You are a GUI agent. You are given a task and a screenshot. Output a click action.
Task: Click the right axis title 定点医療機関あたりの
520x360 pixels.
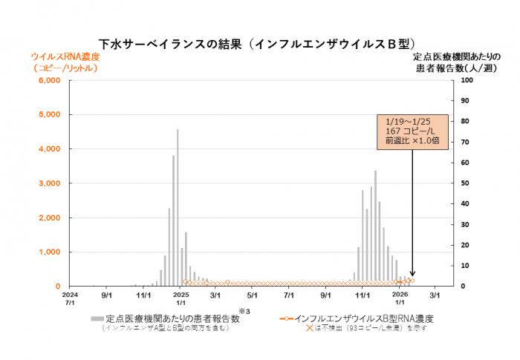(452, 56)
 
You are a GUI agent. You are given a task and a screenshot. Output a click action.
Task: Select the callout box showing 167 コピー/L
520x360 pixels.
(411, 131)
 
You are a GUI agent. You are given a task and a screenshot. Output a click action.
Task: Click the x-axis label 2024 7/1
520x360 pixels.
(70, 298)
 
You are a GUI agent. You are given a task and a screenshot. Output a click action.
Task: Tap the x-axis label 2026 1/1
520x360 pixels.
(399, 298)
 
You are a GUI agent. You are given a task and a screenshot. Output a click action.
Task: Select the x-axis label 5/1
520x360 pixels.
(252, 294)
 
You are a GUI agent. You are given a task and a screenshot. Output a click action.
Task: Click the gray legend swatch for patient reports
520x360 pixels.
(97, 318)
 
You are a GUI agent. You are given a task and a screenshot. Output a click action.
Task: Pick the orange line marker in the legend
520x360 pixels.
(286, 318)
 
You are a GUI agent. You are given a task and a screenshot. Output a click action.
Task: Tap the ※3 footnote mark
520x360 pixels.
(242, 310)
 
